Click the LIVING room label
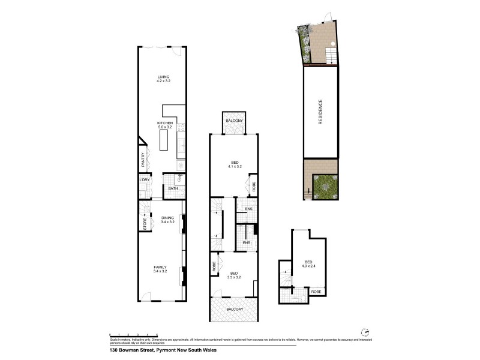tap(164, 77)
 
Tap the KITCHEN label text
tap(165, 122)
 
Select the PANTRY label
tap(143, 160)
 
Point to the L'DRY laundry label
tap(144, 180)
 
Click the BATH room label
tap(173, 189)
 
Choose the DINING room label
tap(167, 218)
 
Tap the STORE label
tap(145, 223)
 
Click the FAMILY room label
tap(160, 267)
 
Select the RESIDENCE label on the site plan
tap(320, 112)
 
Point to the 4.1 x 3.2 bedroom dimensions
tap(235, 166)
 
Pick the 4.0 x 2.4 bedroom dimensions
tap(308, 266)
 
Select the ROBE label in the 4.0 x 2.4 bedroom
tap(316, 291)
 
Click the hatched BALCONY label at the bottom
tap(235, 309)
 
